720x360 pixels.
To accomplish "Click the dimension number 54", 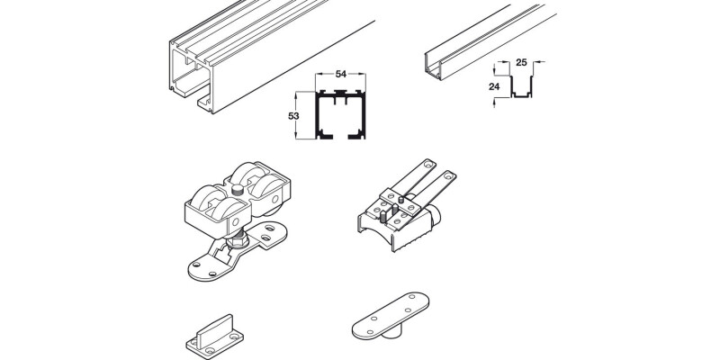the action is point(340,75).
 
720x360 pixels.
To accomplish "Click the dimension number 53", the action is point(293,116).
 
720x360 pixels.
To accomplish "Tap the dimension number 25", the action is point(521,62).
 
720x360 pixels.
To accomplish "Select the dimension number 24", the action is point(493,86).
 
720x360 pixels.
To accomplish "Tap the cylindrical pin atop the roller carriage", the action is point(238,189).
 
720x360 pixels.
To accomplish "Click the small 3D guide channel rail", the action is point(489,41).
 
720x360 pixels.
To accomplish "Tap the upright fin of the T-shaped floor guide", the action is point(214,329).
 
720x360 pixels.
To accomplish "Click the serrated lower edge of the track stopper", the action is point(412,240).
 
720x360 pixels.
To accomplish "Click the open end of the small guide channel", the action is point(433,68).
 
